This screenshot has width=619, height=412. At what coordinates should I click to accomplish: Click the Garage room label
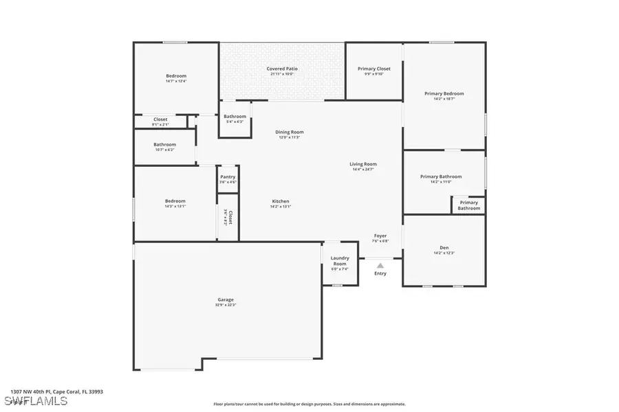click(226, 299)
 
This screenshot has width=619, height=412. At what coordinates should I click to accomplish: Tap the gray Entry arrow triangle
click(380, 265)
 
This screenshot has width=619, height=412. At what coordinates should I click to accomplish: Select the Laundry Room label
click(340, 261)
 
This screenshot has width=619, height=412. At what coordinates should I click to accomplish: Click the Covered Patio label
click(282, 69)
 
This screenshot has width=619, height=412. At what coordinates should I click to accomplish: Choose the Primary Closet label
click(374, 69)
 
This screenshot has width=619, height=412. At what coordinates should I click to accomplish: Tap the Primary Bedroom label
click(444, 93)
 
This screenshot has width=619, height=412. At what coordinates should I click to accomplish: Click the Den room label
click(444, 248)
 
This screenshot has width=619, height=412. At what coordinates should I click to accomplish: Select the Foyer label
click(380, 236)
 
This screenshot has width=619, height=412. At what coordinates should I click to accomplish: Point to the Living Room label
click(363, 164)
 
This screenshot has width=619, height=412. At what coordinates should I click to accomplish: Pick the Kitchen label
click(281, 201)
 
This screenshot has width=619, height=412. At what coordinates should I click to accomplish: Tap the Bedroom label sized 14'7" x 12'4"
click(176, 76)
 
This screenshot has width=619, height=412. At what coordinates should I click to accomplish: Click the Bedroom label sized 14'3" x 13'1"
click(175, 201)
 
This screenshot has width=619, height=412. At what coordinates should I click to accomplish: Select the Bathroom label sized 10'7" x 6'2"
click(165, 145)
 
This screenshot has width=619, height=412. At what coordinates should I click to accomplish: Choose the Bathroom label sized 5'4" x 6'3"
click(235, 117)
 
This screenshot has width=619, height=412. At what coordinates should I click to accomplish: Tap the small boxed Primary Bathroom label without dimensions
click(468, 205)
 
